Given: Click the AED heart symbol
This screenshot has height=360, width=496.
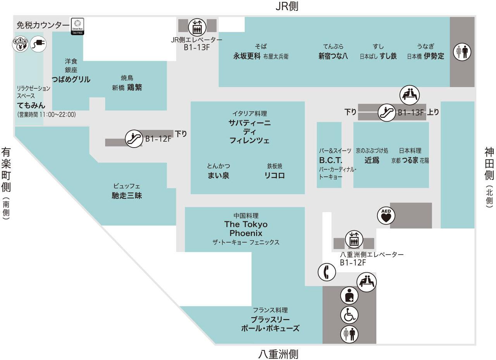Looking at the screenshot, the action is tap(386, 215).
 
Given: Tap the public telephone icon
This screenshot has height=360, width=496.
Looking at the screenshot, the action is tap(327, 272).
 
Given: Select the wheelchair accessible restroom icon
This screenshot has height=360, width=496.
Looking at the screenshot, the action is tap(349, 315).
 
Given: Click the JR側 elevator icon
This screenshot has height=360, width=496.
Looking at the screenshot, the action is tap(197, 26).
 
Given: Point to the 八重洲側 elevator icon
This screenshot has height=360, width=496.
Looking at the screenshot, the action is tap(353, 239).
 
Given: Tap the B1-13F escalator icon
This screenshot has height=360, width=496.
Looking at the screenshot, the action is tap(387, 113).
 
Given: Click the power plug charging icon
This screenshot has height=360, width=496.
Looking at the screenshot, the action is tap(38, 45).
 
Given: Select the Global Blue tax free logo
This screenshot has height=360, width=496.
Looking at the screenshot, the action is tap(77, 26).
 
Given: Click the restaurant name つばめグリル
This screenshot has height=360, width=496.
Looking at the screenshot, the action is tap(71, 79).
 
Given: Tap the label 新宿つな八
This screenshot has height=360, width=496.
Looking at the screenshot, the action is tap(333, 56).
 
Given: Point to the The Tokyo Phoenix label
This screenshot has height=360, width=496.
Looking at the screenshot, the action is tap(246, 229).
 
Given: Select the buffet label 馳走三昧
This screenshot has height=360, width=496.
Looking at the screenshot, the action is tap(127, 196).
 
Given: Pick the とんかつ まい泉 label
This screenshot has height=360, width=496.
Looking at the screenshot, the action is tap(219, 175).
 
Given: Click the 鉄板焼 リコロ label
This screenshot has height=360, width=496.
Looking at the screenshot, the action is tap(274, 175).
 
